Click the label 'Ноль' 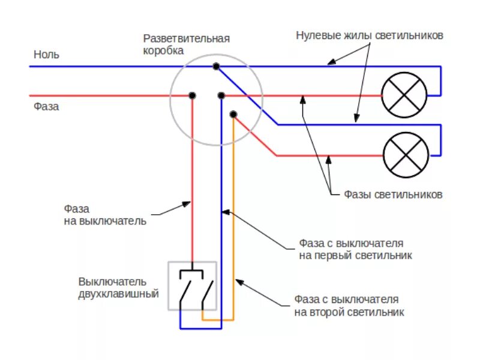[x=46, y=54]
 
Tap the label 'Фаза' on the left [x=46, y=107]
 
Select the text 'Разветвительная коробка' [x=186, y=44]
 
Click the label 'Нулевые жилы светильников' [x=370, y=35]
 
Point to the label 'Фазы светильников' [x=393, y=195]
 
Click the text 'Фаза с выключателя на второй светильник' [x=349, y=305]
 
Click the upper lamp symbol [x=404, y=95]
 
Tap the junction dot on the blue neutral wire [x=215, y=65]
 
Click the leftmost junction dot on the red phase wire [x=193, y=95]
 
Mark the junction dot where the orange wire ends [x=233, y=114]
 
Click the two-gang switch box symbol [x=192, y=286]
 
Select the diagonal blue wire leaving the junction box [x=246, y=95]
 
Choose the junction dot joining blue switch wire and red [x=221, y=95]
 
